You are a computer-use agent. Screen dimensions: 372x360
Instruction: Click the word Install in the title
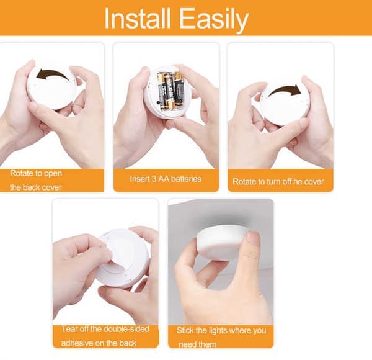pyautogui.click(x=138, y=19)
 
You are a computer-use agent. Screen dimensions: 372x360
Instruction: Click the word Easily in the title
pyautogui.click(x=214, y=20)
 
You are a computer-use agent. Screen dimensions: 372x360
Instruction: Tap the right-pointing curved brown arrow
pyautogui.click(x=285, y=91)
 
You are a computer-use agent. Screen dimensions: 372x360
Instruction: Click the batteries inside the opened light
pyautogui.click(x=170, y=91)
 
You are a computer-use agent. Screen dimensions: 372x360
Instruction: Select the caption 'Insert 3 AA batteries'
pyautogui.click(x=166, y=179)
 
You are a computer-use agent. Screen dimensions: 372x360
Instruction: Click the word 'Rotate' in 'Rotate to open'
pyautogui.click(x=22, y=173)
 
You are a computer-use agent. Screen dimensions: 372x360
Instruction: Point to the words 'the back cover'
pyautogui.click(x=35, y=187)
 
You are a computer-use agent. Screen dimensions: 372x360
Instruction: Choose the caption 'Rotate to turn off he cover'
pyautogui.click(x=278, y=182)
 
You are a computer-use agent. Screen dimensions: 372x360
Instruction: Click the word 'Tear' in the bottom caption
pyautogui.click(x=69, y=329)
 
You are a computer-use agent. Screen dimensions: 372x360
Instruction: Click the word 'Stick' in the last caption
pyautogui.click(x=185, y=330)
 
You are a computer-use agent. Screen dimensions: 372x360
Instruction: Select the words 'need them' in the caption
pyautogui.click(x=198, y=344)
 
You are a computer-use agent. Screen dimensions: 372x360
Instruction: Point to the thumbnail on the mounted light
pyautogui.click(x=253, y=238)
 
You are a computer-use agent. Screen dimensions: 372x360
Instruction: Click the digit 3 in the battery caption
pyautogui.click(x=154, y=179)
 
